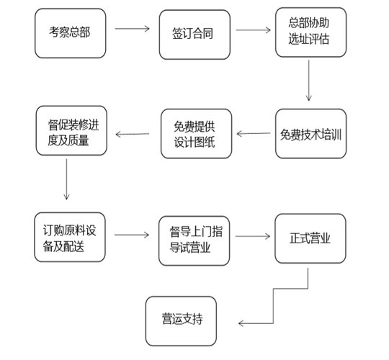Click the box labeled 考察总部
71,32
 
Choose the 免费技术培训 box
310,134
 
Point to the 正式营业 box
310,237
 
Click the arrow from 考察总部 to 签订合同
132,30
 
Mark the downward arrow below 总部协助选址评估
309,79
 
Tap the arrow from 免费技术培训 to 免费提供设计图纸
254,132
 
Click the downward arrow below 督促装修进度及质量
66,178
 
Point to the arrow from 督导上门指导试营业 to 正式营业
252,235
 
